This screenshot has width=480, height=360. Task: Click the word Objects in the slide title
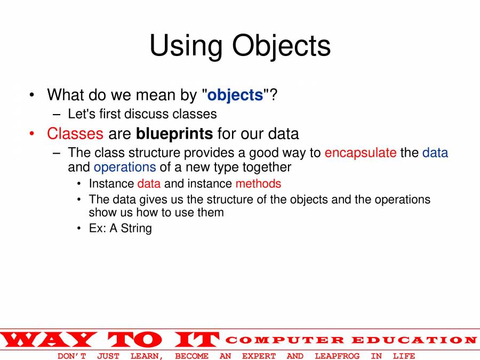tap(281, 46)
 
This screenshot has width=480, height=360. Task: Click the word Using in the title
tap(186, 46)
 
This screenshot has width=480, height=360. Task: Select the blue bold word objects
tap(235, 95)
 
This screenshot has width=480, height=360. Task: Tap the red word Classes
tap(75, 133)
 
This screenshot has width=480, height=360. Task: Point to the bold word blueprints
tap(174, 134)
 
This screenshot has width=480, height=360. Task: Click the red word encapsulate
tap(361, 153)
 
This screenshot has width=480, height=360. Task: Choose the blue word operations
tap(125, 167)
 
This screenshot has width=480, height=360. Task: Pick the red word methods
tap(258, 183)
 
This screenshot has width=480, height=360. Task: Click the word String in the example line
tap(136, 228)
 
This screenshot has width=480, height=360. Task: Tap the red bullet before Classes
tap(32, 134)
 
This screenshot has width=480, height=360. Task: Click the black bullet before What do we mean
tap(32, 95)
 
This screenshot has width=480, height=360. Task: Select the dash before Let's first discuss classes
tap(57, 115)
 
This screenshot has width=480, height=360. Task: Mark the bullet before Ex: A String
tap(79, 228)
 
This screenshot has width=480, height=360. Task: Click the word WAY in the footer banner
tap(49, 340)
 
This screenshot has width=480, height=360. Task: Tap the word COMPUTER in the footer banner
tap(285, 340)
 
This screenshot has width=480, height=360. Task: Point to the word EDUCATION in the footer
tap(414, 340)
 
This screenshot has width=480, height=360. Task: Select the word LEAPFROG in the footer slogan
tap(337, 356)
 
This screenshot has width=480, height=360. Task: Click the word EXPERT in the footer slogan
tap(259, 356)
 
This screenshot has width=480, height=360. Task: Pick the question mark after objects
tap(274, 94)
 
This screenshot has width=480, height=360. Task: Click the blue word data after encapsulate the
tap(435, 153)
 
